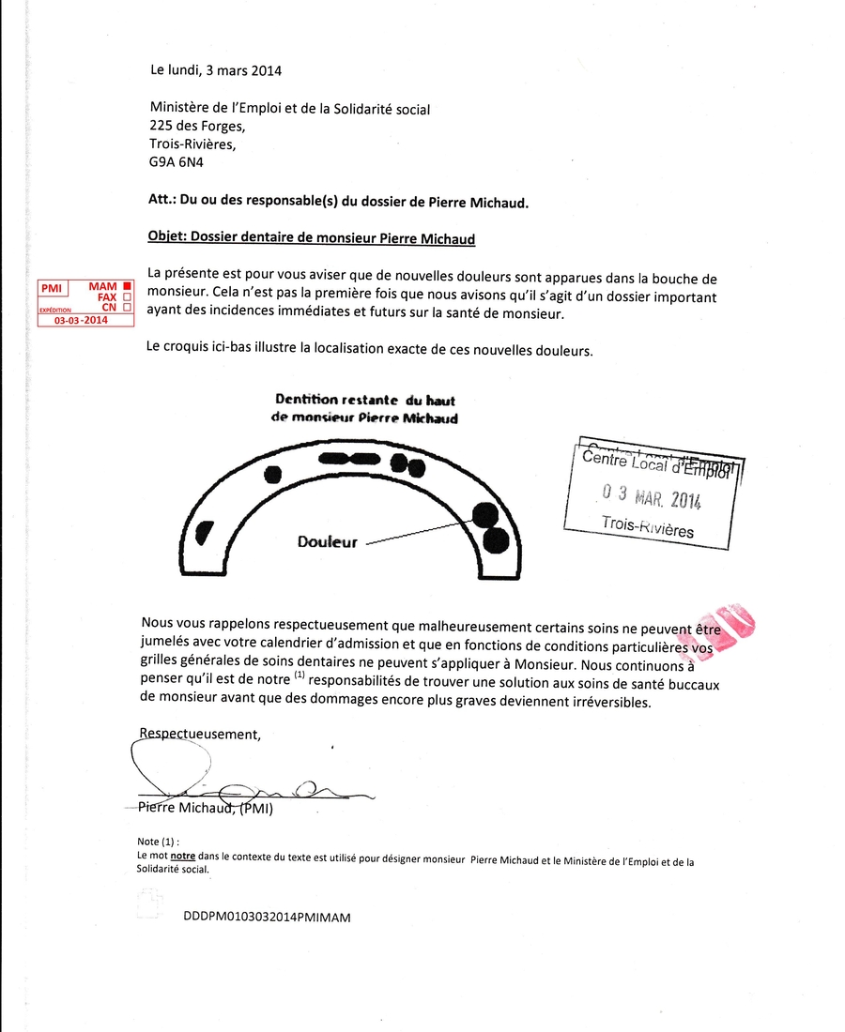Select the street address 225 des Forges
pyautogui.click(x=197, y=127)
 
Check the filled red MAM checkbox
pyautogui.click(x=127, y=286)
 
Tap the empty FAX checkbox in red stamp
pyautogui.click(x=127, y=297)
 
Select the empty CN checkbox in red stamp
pyautogui.click(x=127, y=308)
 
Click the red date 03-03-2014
pyautogui.click(x=81, y=320)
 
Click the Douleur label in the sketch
pyautogui.click(x=327, y=542)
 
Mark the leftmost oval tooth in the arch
pyautogui.click(x=202, y=533)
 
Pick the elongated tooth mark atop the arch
pyautogui.click(x=348, y=459)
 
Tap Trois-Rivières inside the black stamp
pyautogui.click(x=647, y=527)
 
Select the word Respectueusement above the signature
pyautogui.click(x=199, y=735)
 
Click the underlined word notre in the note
pyautogui.click(x=182, y=857)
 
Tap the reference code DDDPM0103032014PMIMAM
pyautogui.click(x=267, y=918)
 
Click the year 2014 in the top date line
pyautogui.click(x=266, y=69)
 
